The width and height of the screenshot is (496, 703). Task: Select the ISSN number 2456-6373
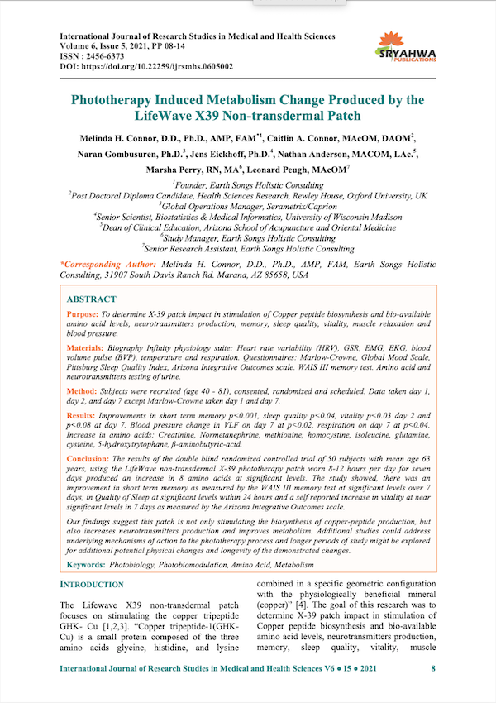[x=109, y=55]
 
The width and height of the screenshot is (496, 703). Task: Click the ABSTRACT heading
[x=91, y=299]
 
